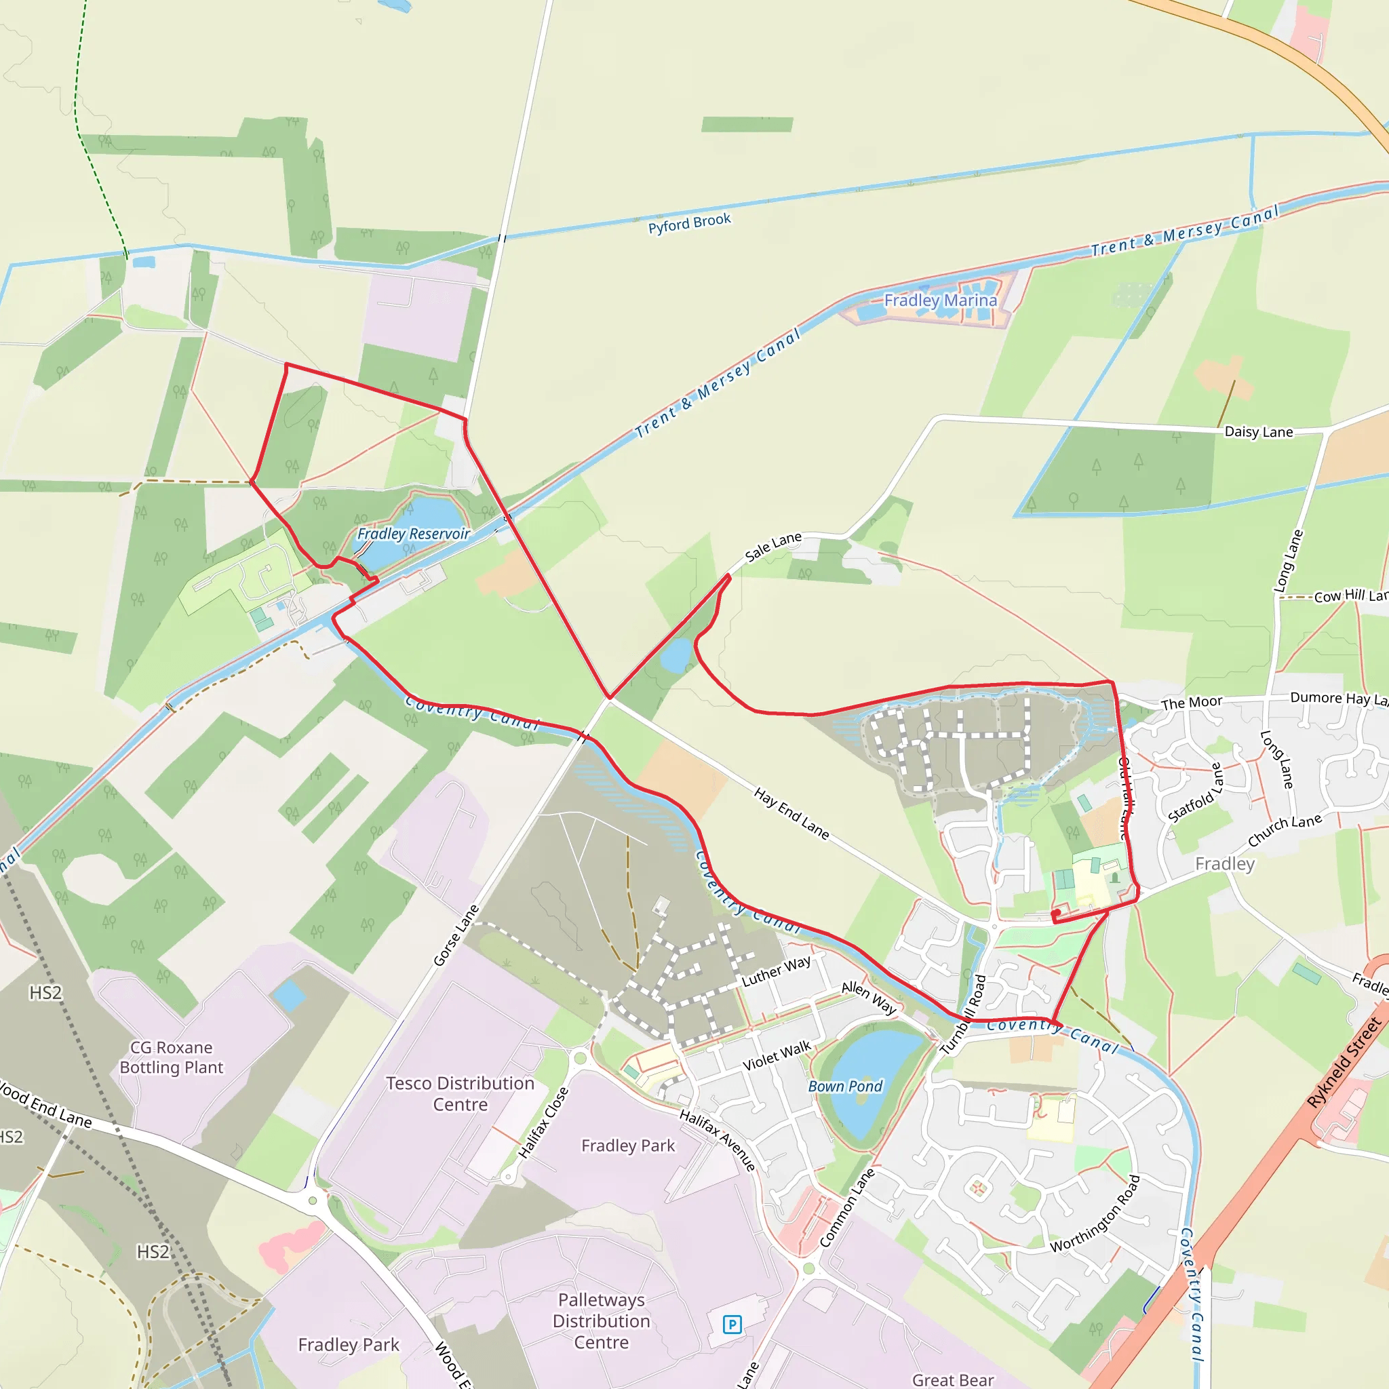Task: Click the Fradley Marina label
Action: [941, 300]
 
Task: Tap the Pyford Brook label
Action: [690, 224]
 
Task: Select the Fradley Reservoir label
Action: [414, 534]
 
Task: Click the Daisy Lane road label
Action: [1258, 432]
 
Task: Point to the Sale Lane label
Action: [773, 547]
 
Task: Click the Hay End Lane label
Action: [791, 813]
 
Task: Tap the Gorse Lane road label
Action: [456, 935]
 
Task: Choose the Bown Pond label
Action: [846, 1087]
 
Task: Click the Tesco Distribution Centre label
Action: [460, 1093]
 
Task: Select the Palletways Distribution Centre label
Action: [602, 1320]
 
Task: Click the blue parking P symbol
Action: [732, 1325]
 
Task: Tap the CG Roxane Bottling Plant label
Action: [172, 1057]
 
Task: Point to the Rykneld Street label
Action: [1344, 1063]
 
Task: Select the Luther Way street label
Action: [776, 971]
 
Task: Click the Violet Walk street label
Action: [777, 1055]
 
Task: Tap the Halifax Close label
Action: [543, 1122]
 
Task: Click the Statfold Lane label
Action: [1195, 794]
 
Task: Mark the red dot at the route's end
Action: [1056, 913]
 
